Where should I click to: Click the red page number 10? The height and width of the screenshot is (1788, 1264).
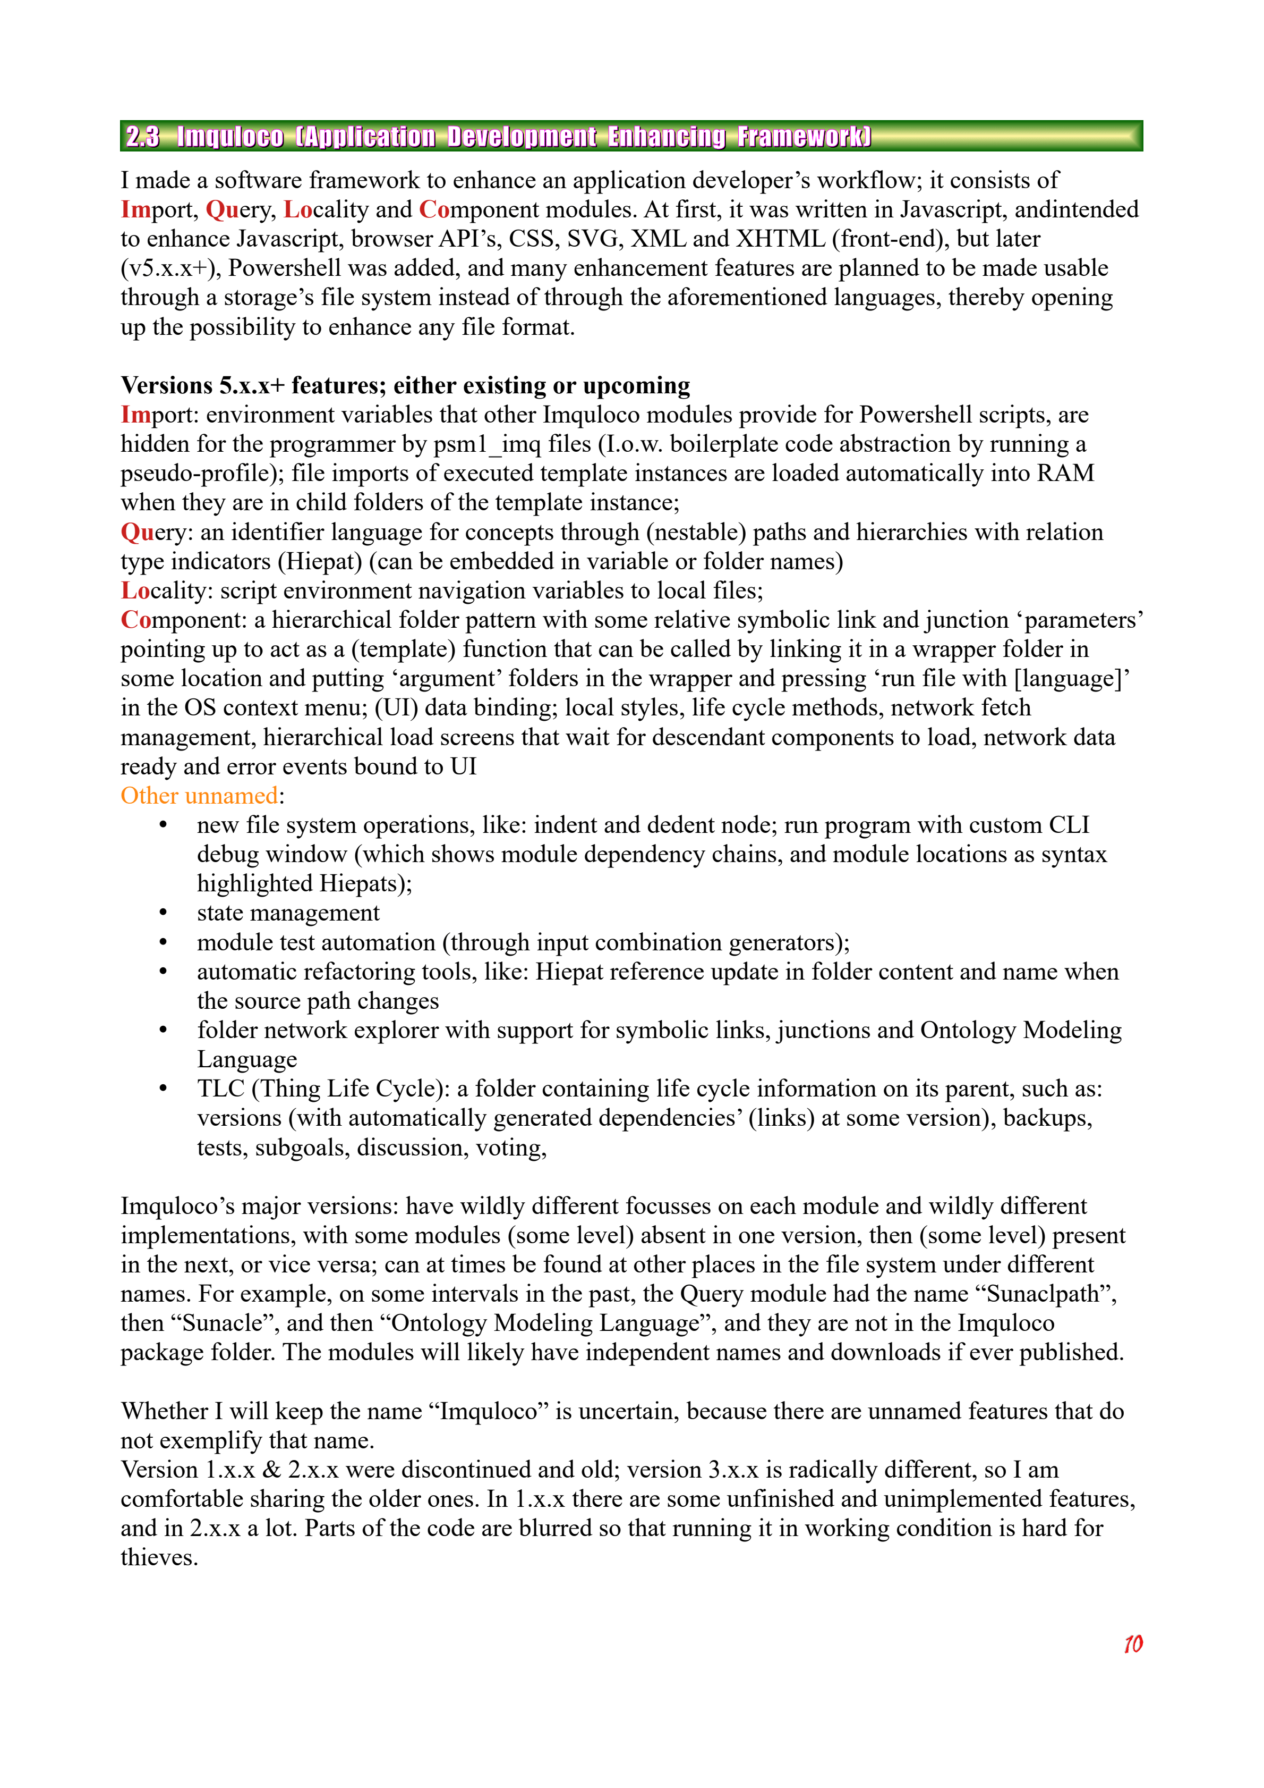(1132, 1644)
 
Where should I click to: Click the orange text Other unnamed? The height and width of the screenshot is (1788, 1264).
(199, 796)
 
